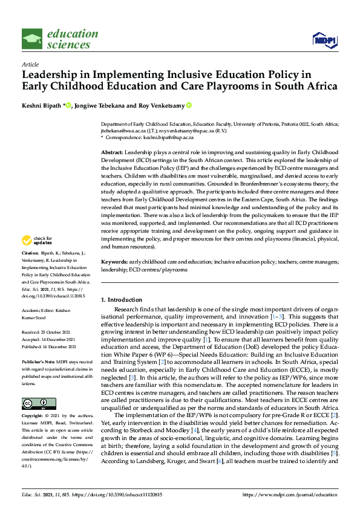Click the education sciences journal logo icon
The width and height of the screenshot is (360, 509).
[32, 39]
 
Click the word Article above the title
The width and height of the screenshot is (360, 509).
[30, 64]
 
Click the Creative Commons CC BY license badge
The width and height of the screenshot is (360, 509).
[39, 403]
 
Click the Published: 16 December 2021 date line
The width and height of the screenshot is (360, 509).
[53, 346]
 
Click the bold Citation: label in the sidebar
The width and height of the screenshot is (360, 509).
[31, 268]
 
